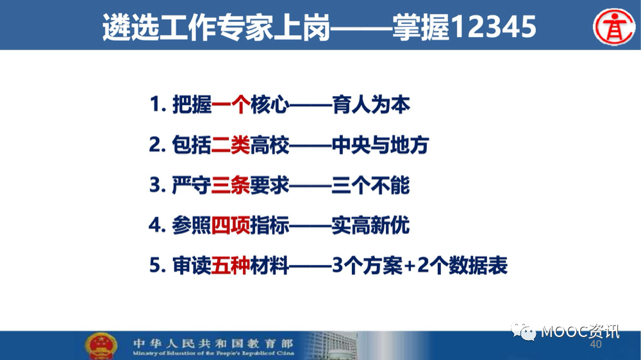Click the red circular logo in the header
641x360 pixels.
pos(614,26)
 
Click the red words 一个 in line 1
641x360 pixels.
pos(231,104)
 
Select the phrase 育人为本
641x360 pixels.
pos(370,104)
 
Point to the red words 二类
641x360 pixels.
pos(231,145)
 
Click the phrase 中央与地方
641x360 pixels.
pos(380,145)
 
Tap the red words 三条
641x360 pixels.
pos(231,185)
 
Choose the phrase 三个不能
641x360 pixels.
pos(370,185)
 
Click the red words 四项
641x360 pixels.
pos(231,225)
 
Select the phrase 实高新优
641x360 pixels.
pos(370,225)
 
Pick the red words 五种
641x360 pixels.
pos(231,265)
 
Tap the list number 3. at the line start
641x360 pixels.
pos(158,185)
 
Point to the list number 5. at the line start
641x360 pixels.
pos(158,265)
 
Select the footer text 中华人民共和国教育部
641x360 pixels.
pos(213,343)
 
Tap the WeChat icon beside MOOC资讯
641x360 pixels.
pos(523,331)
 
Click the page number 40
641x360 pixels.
pos(595,344)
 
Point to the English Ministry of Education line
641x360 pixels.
pos(213,353)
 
